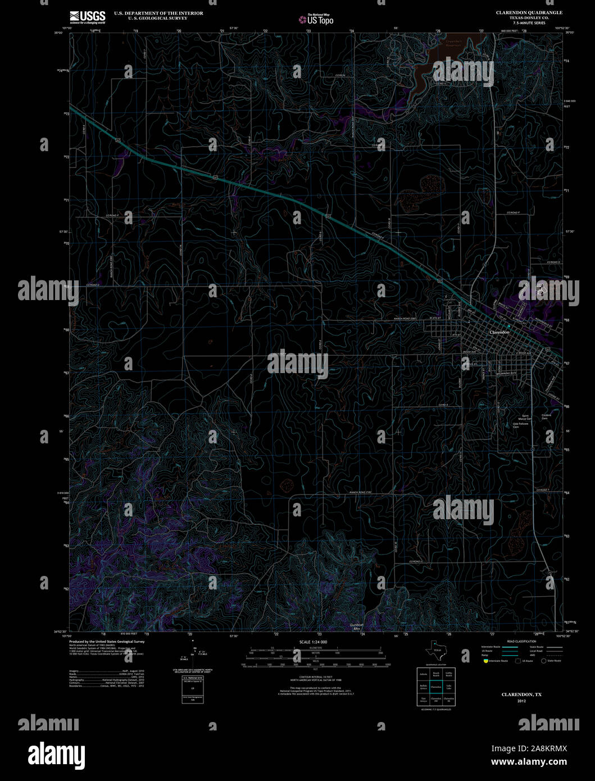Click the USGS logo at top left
coord(87,17)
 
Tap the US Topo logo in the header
coord(316,20)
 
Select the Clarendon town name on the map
coord(499,333)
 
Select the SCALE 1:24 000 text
coord(313,642)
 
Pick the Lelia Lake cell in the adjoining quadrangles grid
coord(448,687)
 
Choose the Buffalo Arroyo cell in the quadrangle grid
coord(423,687)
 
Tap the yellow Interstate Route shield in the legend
coord(485,661)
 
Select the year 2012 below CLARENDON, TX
coord(522,701)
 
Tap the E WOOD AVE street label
coord(524,353)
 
